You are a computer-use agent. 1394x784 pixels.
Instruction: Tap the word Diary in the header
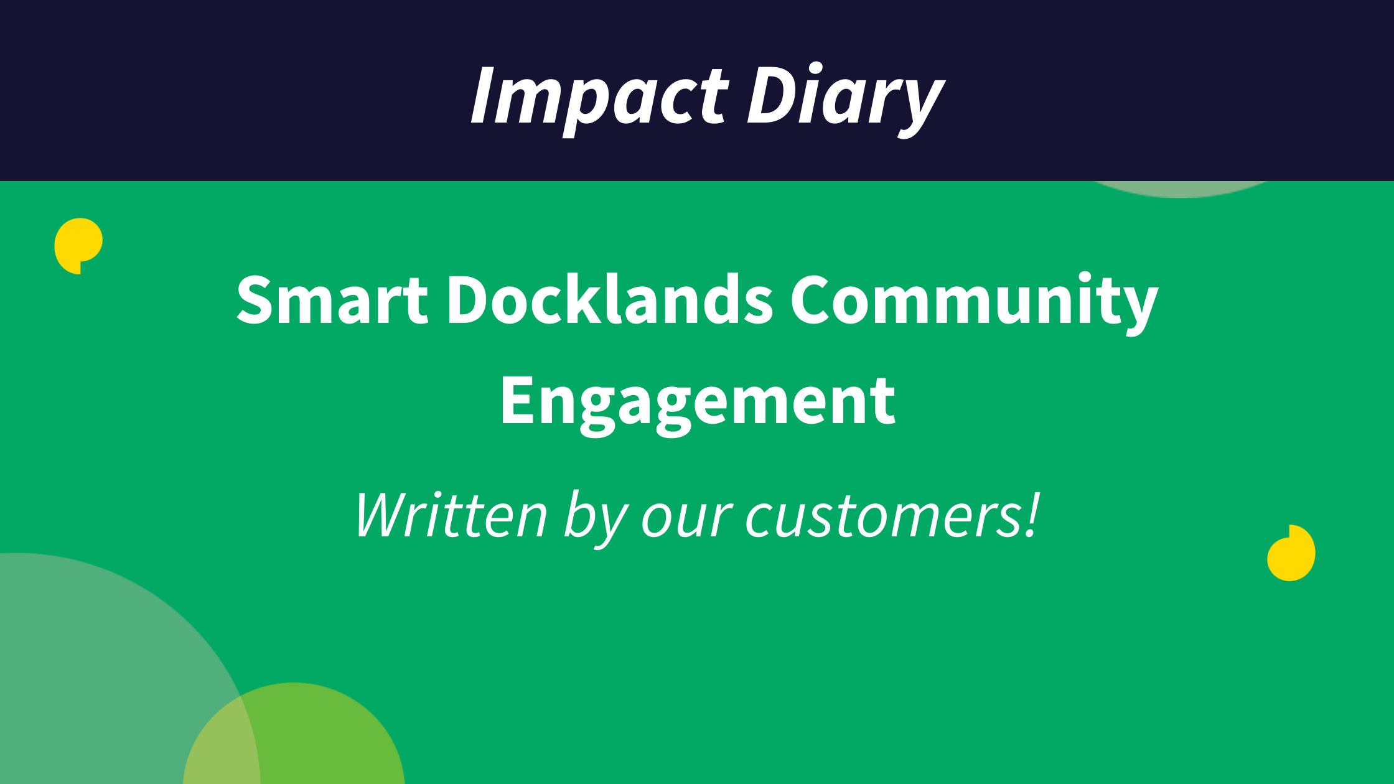[846, 100]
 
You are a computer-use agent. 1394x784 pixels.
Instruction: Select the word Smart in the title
[332, 300]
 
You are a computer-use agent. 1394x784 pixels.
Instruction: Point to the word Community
[975, 302]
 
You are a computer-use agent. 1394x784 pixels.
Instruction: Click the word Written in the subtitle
[452, 515]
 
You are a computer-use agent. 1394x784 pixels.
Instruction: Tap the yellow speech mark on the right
[1291, 553]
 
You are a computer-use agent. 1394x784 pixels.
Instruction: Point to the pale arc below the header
[1182, 189]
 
